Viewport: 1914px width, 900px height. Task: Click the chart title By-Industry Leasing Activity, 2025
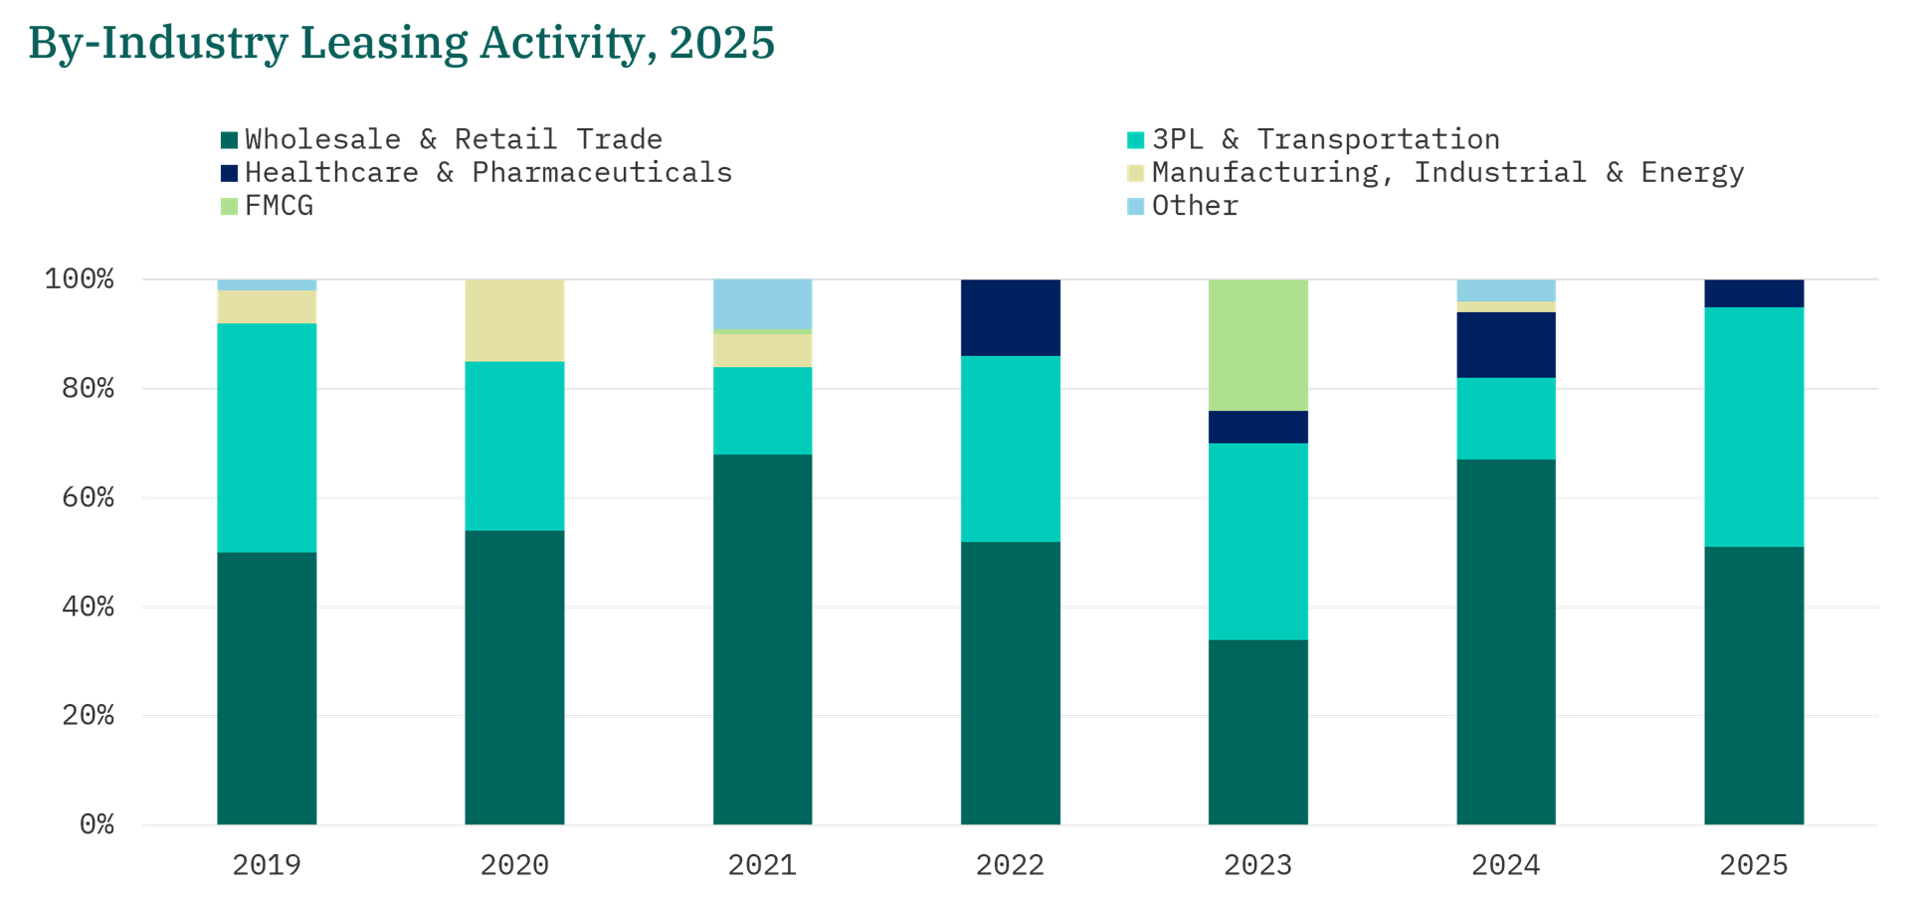(401, 44)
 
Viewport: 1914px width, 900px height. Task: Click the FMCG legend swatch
(230, 207)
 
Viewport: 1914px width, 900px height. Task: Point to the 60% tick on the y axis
(88, 497)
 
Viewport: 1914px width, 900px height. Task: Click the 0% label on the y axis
(96, 824)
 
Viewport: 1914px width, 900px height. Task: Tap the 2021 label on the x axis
(762, 865)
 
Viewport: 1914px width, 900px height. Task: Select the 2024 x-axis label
(1505, 865)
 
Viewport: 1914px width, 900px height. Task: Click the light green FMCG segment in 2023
(1257, 345)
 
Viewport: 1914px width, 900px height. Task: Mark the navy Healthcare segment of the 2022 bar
(1010, 317)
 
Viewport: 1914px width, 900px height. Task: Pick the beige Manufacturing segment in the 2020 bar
(514, 320)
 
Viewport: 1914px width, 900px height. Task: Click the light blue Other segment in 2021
(762, 304)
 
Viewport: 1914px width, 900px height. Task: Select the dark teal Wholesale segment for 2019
(267, 688)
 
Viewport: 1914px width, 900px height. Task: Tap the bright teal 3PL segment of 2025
(1753, 427)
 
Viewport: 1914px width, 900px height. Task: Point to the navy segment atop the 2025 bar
(1753, 293)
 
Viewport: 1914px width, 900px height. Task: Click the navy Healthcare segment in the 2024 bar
(1505, 345)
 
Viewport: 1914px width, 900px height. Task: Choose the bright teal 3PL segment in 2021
(762, 411)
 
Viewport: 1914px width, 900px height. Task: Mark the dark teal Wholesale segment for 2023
(1257, 732)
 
